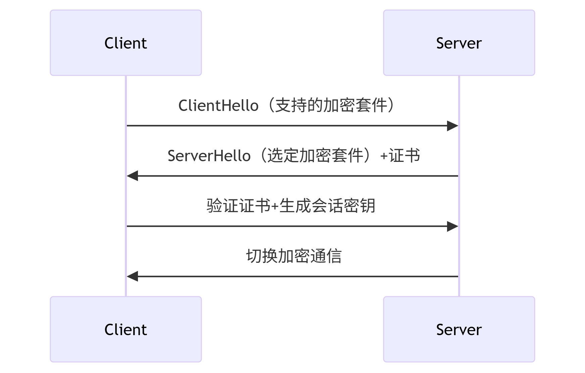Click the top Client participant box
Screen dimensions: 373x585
[126, 43]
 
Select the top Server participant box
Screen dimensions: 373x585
[458, 43]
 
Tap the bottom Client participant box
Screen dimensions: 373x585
[126, 329]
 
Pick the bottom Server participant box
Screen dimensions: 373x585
[458, 329]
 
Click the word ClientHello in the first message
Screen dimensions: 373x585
[218, 106]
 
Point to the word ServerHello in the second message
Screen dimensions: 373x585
[209, 156]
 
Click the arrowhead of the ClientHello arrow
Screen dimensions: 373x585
[453, 126]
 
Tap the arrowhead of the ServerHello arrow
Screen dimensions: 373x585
[133, 176]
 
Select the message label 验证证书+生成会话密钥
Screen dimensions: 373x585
[291, 206]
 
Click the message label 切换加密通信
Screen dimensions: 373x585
[294, 256]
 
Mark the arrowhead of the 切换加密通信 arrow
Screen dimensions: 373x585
[133, 276]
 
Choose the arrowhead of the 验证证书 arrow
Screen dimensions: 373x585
[453, 227]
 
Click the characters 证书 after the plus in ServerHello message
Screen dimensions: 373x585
[404, 156]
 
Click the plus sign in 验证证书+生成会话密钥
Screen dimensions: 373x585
[275, 206]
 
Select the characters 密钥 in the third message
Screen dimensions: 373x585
[359, 206]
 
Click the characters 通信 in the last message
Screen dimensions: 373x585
[326, 256]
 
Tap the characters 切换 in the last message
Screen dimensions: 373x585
[262, 256]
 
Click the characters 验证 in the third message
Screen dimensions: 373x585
[222, 206]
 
